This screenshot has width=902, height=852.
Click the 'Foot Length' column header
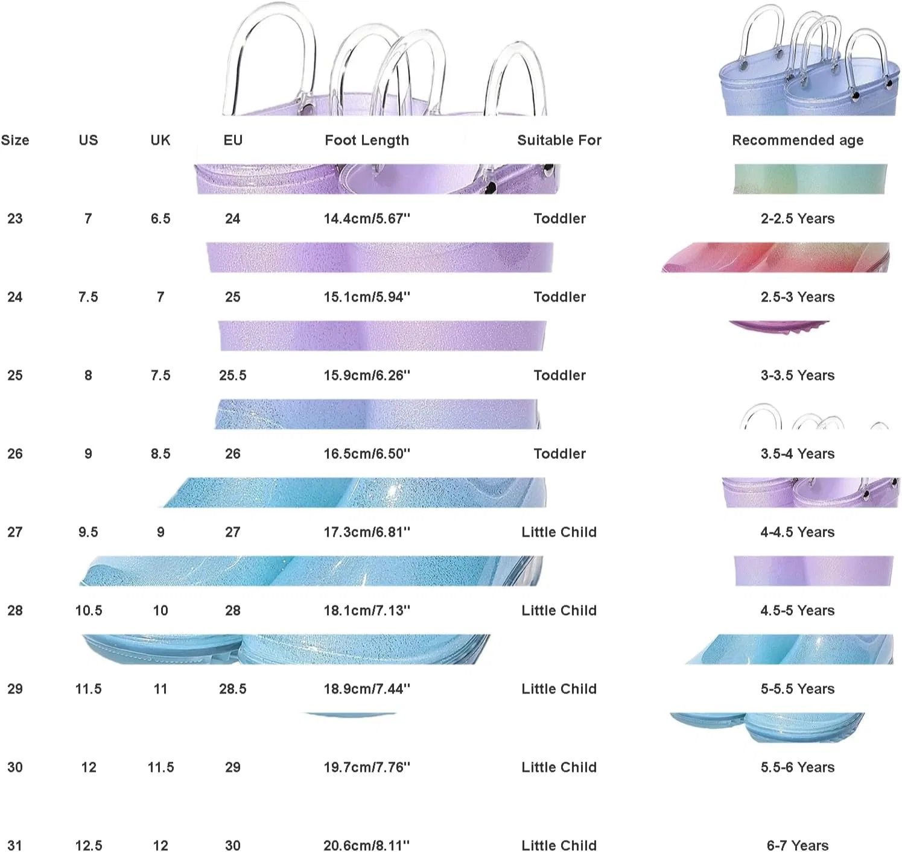click(x=367, y=140)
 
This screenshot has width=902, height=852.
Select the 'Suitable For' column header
click(x=559, y=140)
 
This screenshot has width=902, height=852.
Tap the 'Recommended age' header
click(x=798, y=140)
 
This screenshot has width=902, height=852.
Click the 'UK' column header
click(x=160, y=140)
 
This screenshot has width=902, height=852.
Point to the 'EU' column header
click(x=233, y=140)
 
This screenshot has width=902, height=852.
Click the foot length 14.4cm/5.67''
click(x=367, y=218)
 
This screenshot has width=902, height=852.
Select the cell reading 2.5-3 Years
click(x=798, y=297)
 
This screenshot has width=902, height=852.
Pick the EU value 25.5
click(x=233, y=375)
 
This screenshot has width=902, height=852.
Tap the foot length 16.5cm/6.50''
click(x=367, y=453)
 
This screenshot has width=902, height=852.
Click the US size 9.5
click(x=88, y=532)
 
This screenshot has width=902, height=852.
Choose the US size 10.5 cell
click(x=89, y=610)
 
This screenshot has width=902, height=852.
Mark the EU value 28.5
click(x=233, y=689)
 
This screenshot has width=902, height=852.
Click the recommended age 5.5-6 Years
click(x=798, y=767)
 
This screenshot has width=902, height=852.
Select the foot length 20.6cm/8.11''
click(x=367, y=845)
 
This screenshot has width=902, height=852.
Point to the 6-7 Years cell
click(x=798, y=845)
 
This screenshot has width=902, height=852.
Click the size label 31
click(x=14, y=845)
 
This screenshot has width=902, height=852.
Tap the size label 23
click(x=14, y=218)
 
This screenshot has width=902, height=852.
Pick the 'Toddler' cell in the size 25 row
click(x=559, y=375)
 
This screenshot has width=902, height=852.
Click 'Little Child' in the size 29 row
click(x=559, y=689)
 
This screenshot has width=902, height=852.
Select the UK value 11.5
click(x=160, y=767)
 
